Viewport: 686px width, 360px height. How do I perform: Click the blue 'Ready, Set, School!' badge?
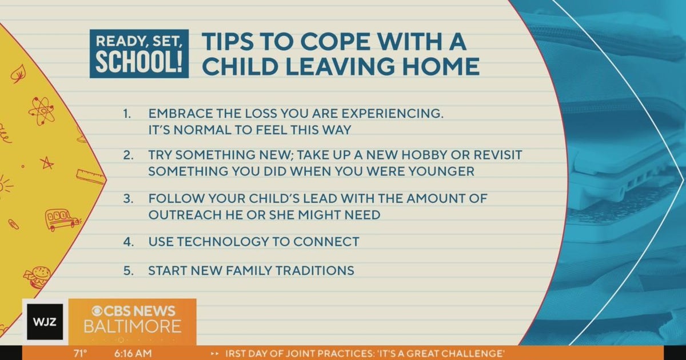139,54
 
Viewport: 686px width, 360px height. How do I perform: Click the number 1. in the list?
127,114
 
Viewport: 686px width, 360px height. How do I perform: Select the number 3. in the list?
127,199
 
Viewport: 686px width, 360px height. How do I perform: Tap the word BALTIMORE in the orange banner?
133,327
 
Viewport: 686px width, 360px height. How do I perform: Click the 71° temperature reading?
81,353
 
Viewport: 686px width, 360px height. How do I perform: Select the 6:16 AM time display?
133,353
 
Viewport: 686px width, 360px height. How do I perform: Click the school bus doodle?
61,219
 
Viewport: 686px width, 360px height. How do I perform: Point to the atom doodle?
41,110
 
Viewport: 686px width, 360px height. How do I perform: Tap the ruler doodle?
91,176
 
